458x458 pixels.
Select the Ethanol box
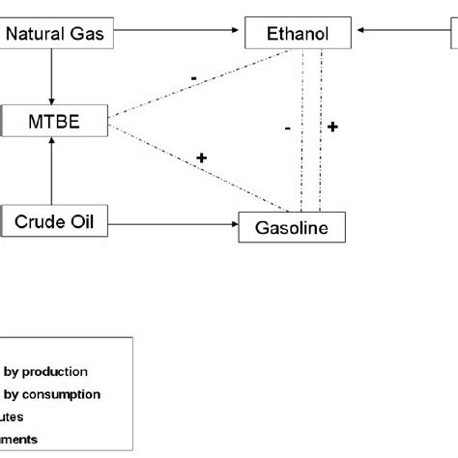299,35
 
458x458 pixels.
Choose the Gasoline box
291,228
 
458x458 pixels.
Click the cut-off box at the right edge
453,35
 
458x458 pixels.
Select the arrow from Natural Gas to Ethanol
174,35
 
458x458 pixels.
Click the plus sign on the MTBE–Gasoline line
201,157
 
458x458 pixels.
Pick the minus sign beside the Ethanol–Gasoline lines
288,127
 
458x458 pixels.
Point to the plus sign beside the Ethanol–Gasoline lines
332,127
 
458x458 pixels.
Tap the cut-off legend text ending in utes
13,416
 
